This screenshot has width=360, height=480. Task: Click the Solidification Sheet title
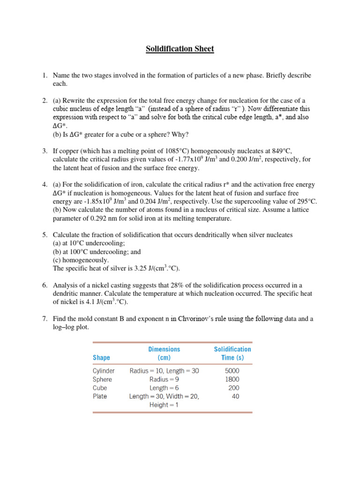180,49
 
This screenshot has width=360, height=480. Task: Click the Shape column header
101,358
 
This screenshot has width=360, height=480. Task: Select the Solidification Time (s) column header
232,353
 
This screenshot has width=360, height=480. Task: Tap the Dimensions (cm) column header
164,353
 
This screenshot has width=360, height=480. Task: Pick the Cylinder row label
104,371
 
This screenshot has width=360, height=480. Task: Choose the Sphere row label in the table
103,379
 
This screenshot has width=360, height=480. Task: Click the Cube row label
100,388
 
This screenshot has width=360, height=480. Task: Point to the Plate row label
100,396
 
